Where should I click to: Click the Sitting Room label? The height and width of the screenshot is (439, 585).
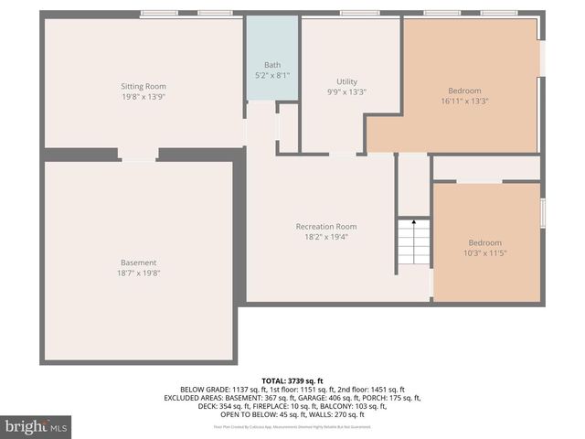(144, 86)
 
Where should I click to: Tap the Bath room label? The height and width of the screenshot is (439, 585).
(272, 65)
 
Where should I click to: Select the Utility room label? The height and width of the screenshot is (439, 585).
(346, 81)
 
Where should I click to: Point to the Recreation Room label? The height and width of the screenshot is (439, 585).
(325, 226)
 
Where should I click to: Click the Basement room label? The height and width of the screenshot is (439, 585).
(139, 262)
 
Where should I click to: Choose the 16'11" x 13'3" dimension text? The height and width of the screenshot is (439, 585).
(464, 101)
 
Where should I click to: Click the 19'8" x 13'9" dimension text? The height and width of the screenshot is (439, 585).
(144, 97)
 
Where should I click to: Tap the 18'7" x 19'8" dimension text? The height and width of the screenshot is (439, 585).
(139, 273)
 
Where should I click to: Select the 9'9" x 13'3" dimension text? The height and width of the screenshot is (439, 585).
(346, 91)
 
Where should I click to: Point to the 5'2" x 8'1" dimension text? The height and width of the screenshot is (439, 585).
(272, 75)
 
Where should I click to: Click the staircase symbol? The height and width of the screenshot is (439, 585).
(413, 245)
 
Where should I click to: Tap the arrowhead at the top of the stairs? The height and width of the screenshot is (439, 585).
(413, 221)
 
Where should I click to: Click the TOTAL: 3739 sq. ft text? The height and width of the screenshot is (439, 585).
(292, 380)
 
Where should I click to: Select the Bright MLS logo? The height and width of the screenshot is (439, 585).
(37, 426)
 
